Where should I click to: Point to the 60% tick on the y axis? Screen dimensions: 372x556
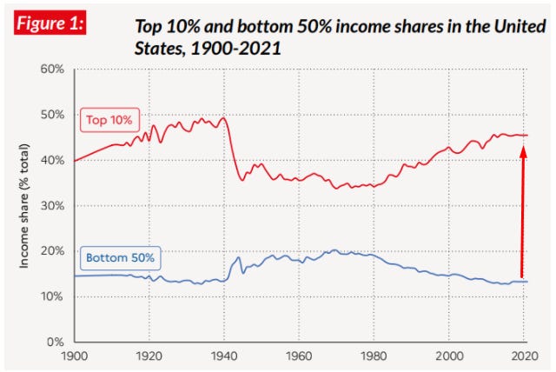click(x=52, y=70)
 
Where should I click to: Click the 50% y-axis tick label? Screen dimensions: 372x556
click(x=52, y=115)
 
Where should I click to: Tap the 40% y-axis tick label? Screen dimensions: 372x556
click(x=52, y=160)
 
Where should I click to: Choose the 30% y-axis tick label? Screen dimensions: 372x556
click(x=52, y=206)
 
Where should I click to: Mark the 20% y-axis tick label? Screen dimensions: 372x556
click(x=52, y=251)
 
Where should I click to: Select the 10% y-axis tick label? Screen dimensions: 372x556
click(x=52, y=296)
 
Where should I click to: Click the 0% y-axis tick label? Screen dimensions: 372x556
click(x=56, y=342)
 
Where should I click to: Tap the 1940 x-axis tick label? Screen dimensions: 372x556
click(x=224, y=356)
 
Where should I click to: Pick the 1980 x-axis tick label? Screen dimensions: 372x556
click(x=374, y=356)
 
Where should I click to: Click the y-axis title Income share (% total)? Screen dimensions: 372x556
click(x=26, y=206)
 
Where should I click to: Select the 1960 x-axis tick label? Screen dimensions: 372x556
click(x=299, y=356)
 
